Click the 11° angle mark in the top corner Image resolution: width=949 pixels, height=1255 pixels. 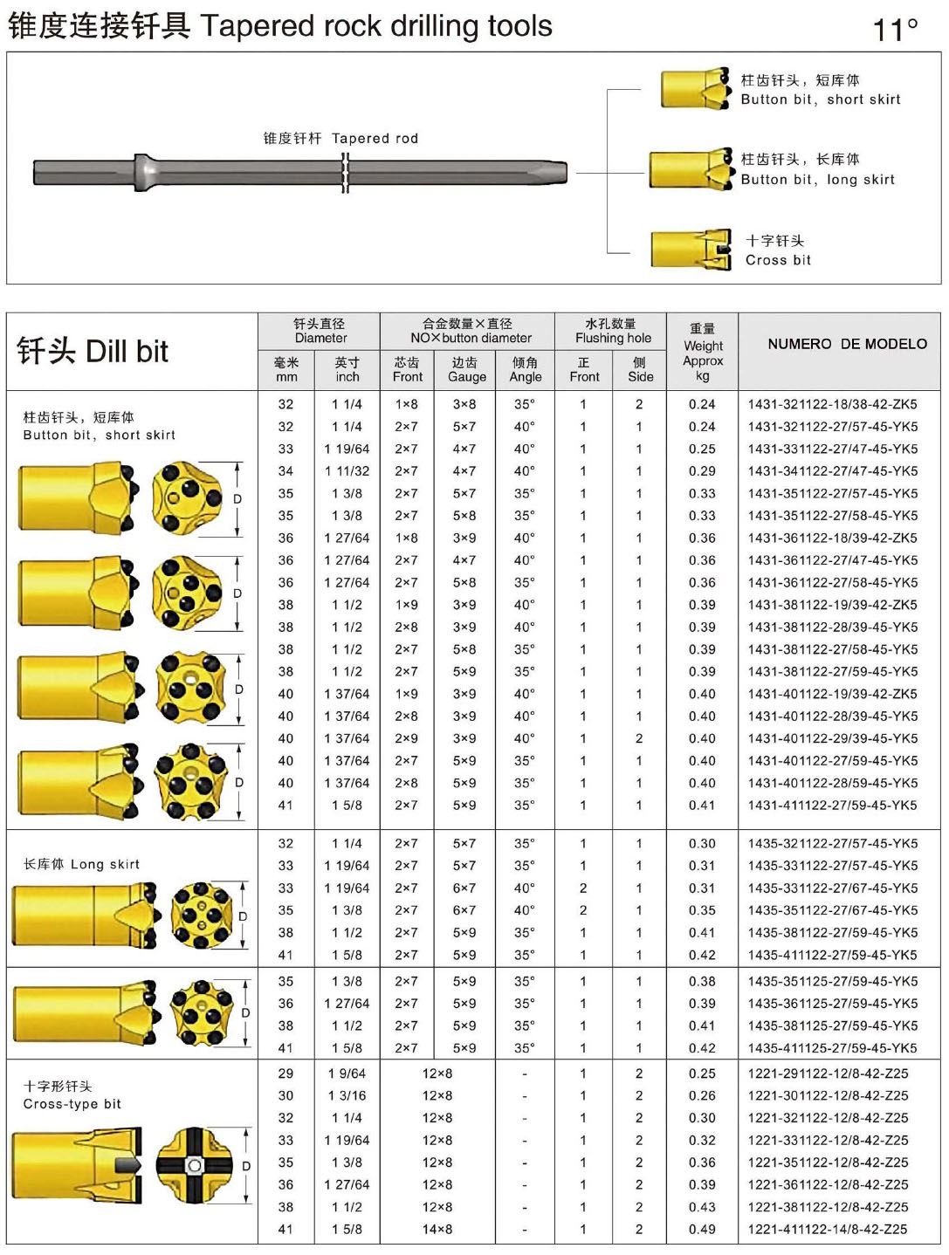pyautogui.click(x=895, y=30)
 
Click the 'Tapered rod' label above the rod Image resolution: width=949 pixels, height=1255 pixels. pyautogui.click(x=341, y=138)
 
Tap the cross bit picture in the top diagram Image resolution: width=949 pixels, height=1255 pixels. pyautogui.click(x=691, y=250)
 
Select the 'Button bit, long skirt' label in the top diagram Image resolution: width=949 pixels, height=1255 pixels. pyautogui.click(x=818, y=170)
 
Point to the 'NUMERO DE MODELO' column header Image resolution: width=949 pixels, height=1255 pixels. pyautogui.click(x=847, y=344)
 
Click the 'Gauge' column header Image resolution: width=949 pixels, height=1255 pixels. pyautogui.click(x=466, y=369)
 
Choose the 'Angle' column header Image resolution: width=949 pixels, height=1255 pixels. pyautogui.click(x=525, y=369)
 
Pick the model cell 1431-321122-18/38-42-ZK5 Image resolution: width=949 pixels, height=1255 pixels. pyautogui.click(x=832, y=404)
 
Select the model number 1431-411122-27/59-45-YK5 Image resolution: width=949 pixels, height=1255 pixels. pyautogui.click(x=832, y=806)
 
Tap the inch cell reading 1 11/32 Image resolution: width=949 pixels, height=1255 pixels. pyautogui.click(x=347, y=471)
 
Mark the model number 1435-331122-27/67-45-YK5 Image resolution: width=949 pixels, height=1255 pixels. pyautogui.click(x=832, y=888)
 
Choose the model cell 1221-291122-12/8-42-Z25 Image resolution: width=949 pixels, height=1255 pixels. pyautogui.click(x=828, y=1073)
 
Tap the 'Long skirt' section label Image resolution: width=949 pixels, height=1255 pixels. pyautogui.click(x=81, y=864)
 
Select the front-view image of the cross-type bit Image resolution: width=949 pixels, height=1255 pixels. pyautogui.click(x=195, y=1165)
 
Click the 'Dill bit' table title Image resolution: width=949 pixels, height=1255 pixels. pyautogui.click(x=93, y=351)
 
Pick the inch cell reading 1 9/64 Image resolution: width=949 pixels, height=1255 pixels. pyautogui.click(x=347, y=1073)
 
